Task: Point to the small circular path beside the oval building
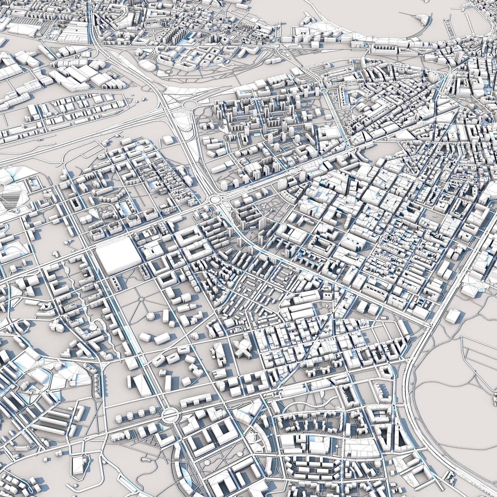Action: tap(168, 71)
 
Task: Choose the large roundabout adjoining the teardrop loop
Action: tap(190, 104)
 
